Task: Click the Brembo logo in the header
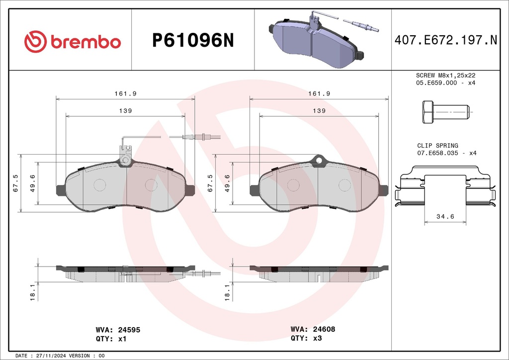coord(73,42)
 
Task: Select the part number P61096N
coord(193,41)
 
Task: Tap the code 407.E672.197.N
coord(446,40)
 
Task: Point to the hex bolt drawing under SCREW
coord(446,112)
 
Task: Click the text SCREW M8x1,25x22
coord(446,75)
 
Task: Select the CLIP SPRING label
coord(437,145)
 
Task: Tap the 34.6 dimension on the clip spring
coord(445,216)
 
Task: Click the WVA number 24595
coord(129,330)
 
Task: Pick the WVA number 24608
coord(324,329)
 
